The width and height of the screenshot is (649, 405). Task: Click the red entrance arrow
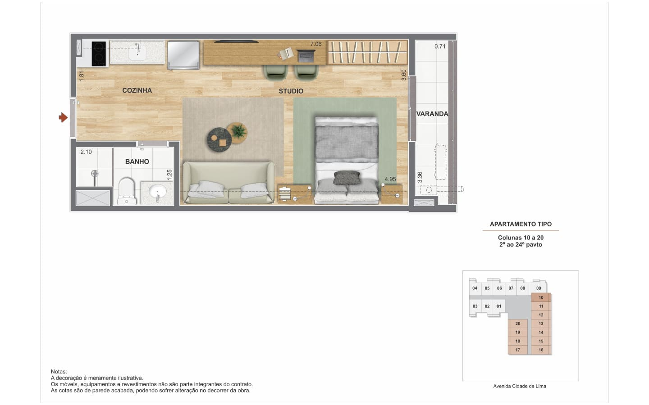63,117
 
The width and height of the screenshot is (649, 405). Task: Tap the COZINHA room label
137,90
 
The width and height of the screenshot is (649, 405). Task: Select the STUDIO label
291,91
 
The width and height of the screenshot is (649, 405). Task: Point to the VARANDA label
432,114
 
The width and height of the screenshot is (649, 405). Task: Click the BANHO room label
137,162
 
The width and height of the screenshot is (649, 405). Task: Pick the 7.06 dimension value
316,44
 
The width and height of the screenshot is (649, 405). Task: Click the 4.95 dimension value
390,179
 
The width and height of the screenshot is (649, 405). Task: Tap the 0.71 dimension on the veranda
440,46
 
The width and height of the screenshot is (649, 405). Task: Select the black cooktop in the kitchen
99,54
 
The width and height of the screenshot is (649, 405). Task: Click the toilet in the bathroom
127,191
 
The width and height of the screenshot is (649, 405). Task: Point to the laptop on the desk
306,56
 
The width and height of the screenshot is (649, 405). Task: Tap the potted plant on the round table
239,131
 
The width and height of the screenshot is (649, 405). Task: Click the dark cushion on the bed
347,177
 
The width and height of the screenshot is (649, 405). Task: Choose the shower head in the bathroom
95,174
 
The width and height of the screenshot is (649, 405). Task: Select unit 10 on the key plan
541,298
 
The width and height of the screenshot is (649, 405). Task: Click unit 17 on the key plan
518,350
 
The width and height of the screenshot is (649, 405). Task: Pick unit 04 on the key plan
475,288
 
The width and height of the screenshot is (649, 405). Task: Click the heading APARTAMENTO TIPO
521,224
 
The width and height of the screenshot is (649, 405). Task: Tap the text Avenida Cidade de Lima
520,386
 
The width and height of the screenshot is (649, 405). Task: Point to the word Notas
59,372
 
